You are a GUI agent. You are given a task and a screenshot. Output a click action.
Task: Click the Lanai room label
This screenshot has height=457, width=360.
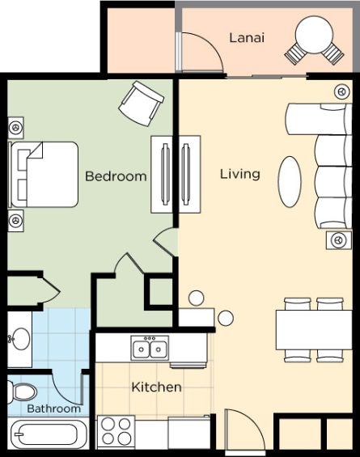[247, 38]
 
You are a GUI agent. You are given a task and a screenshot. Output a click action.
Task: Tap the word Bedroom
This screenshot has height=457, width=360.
[116, 176]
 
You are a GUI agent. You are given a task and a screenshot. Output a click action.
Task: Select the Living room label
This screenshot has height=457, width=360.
[240, 174]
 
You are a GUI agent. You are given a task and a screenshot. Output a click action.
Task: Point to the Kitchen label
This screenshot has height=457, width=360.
[156, 387]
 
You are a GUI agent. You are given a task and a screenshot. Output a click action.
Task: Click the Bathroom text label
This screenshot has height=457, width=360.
[54, 408]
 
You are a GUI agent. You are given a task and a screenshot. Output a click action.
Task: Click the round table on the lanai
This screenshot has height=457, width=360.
[314, 35]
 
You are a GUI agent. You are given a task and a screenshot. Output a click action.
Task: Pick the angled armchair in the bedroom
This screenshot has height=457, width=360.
[141, 104]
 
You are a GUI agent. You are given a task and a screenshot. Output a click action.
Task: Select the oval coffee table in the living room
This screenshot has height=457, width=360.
[290, 182]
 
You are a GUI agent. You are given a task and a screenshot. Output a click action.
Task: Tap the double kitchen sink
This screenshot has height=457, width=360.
[150, 348]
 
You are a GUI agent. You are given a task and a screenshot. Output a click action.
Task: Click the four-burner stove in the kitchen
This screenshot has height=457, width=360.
[116, 431]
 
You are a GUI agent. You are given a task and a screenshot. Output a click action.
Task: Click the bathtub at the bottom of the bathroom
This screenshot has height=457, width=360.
[48, 434]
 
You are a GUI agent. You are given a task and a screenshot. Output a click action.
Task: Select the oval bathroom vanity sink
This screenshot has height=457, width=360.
[21, 339]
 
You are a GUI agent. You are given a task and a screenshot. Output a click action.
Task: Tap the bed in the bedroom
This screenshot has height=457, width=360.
[44, 175]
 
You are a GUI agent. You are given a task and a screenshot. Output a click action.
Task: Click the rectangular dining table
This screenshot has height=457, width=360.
[314, 330]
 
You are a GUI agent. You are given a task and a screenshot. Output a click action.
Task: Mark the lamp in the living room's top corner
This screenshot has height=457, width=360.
[342, 91]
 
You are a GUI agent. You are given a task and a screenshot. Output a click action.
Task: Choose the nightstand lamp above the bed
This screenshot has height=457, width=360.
[15, 128]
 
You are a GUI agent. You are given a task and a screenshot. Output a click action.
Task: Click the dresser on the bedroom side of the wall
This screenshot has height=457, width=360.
[162, 175]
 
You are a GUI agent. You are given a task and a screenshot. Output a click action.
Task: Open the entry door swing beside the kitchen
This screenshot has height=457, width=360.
[245, 429]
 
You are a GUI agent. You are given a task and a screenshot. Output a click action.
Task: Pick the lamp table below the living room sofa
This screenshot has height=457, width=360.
[339, 240]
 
